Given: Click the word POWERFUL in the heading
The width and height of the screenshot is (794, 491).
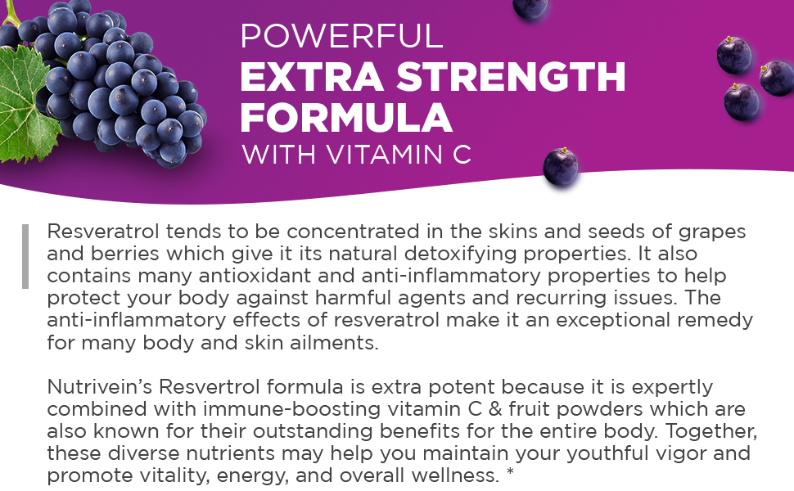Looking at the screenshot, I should [x=341, y=36].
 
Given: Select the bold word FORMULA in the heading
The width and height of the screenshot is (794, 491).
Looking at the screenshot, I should [x=345, y=118].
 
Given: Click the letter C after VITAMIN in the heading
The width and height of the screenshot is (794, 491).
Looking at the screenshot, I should [x=462, y=154].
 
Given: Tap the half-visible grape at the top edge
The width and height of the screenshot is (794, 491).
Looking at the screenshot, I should [x=530, y=7].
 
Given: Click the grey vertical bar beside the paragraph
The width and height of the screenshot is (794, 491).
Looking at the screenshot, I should [x=25, y=256].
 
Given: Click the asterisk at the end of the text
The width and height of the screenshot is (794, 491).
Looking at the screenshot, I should [x=510, y=472].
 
